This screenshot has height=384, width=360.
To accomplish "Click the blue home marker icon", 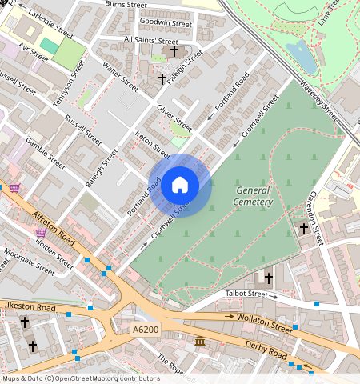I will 180,186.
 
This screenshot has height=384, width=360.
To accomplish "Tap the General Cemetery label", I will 254,196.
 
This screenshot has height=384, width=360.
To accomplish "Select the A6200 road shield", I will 146,329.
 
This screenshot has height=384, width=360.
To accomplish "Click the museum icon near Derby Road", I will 200,342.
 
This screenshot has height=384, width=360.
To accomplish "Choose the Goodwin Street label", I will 166,23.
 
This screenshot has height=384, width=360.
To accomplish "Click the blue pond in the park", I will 301,56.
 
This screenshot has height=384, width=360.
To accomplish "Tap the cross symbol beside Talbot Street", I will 268,278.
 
